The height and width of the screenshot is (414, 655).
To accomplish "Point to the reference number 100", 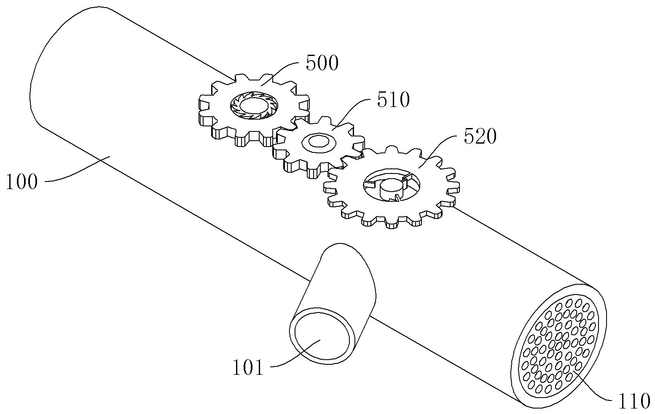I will click(x=22, y=182).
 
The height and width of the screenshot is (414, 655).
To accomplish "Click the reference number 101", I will click(x=248, y=367).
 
